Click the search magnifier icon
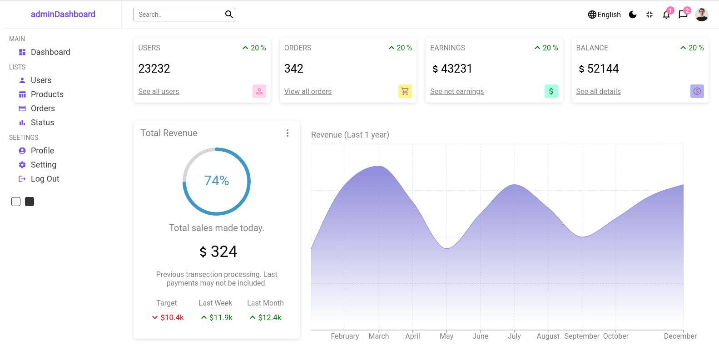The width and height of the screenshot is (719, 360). pyautogui.click(x=229, y=15)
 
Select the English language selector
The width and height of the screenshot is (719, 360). pyautogui.click(x=604, y=15)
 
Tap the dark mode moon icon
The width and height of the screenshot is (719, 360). pyautogui.click(x=633, y=15)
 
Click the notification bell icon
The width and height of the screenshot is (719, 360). pyautogui.click(x=666, y=15)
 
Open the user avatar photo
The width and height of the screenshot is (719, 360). pyautogui.click(x=701, y=15)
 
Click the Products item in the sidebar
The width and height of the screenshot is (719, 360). pyautogui.click(x=47, y=94)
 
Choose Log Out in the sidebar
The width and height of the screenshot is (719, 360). pyautogui.click(x=45, y=179)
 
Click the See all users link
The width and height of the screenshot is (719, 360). pyautogui.click(x=159, y=92)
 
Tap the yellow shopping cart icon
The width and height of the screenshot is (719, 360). pyautogui.click(x=405, y=91)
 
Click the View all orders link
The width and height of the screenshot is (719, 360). pyautogui.click(x=307, y=92)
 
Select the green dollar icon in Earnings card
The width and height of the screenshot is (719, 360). pyautogui.click(x=551, y=91)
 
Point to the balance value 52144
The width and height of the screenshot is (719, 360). pyautogui.click(x=602, y=69)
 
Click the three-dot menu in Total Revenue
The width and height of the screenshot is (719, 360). pyautogui.click(x=287, y=133)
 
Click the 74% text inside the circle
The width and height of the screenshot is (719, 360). pyautogui.click(x=217, y=181)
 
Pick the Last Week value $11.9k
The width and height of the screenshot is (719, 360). pyautogui.click(x=221, y=317)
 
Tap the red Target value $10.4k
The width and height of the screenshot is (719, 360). pyautogui.click(x=172, y=317)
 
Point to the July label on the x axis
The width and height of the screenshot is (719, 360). pyautogui.click(x=514, y=336)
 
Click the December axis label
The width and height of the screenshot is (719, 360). pyautogui.click(x=680, y=336)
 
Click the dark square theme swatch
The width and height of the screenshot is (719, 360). pyautogui.click(x=30, y=202)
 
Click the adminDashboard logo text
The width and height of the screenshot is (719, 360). pyautogui.click(x=63, y=14)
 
